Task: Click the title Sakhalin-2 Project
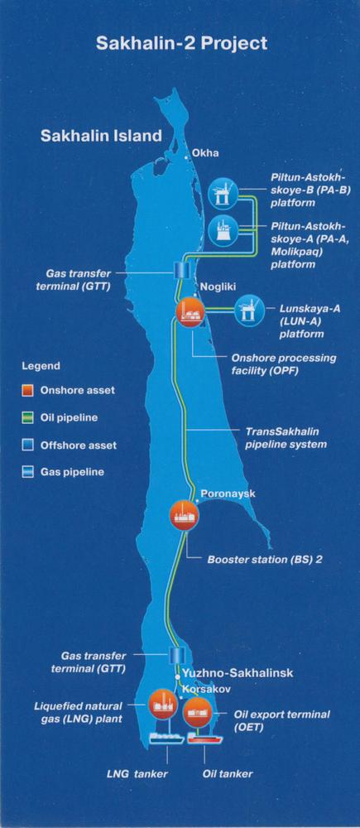[181, 43]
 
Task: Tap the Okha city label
[205, 153]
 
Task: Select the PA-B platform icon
[223, 194]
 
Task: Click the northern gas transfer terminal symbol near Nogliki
[181, 270]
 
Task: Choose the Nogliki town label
[215, 286]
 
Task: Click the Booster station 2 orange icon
[185, 515]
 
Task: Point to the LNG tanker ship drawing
[167, 737]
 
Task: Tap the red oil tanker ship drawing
[205, 738]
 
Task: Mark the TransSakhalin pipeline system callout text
[286, 437]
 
